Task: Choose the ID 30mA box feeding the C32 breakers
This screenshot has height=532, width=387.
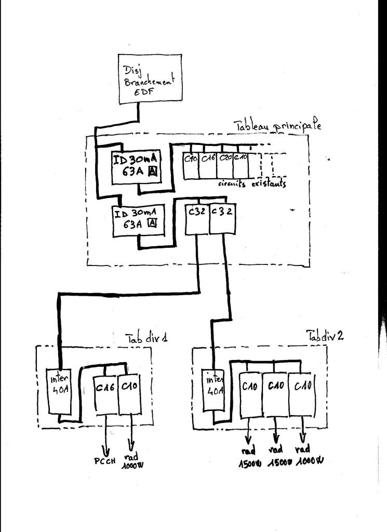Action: (x=136, y=220)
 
